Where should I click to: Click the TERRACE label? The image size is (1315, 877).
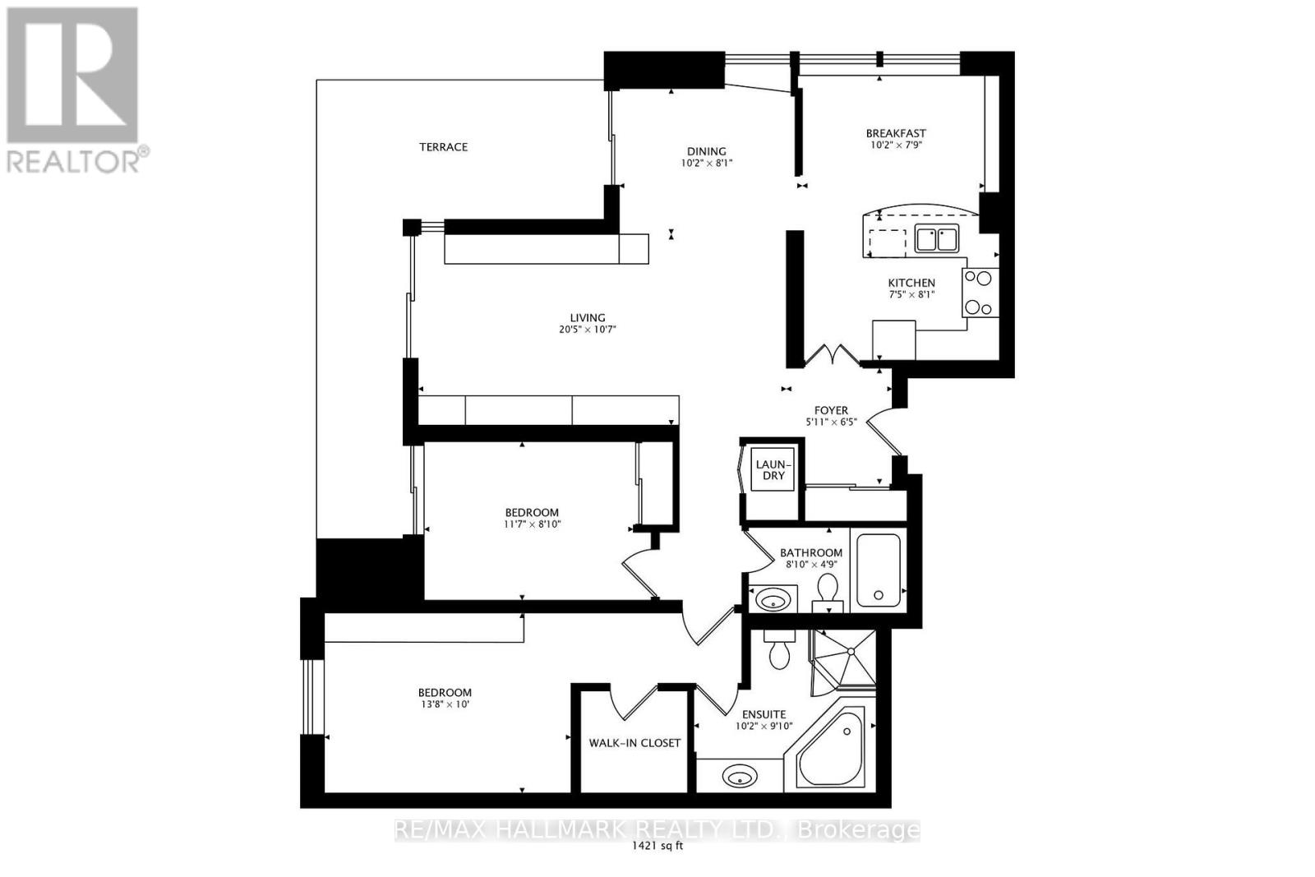pyautogui.click(x=443, y=147)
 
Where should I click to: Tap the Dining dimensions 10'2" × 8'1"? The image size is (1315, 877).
pyautogui.click(x=706, y=164)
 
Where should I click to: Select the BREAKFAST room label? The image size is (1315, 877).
pyautogui.click(x=896, y=133)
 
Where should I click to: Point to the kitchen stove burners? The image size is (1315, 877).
pyautogui.click(x=979, y=293)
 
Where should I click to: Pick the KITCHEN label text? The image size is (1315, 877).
pyautogui.click(x=911, y=283)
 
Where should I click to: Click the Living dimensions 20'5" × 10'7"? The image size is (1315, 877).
pyautogui.click(x=588, y=330)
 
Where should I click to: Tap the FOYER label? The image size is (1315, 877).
pyautogui.click(x=831, y=411)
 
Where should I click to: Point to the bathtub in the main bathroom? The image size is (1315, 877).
pyautogui.click(x=879, y=570)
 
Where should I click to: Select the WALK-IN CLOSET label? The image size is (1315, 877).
pyautogui.click(x=634, y=743)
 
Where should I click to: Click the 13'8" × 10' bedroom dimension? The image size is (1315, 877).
pyautogui.click(x=445, y=705)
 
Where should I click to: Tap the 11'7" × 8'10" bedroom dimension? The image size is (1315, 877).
pyautogui.click(x=532, y=524)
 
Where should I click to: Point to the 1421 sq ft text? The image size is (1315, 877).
pyautogui.click(x=657, y=847)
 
